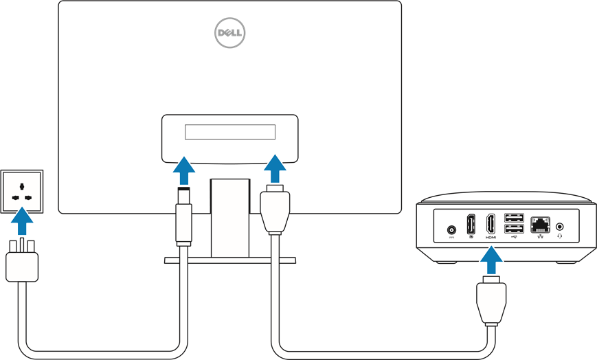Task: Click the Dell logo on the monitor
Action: point(229,32)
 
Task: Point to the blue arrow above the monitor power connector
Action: point(184,169)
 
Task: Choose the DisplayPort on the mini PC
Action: point(471,225)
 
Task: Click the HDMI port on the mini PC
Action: point(491,225)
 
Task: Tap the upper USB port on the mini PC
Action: point(514,218)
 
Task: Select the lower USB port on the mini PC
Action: point(514,229)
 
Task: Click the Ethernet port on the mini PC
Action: point(539,224)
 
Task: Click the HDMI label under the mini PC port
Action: point(491,237)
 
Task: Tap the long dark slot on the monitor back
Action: point(230,131)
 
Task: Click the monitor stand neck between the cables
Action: point(229,216)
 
